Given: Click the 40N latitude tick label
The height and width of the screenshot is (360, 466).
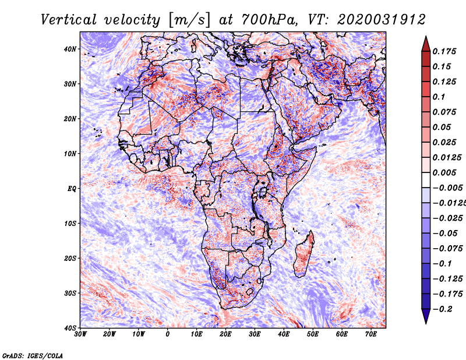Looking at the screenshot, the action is pyautogui.click(x=69, y=49).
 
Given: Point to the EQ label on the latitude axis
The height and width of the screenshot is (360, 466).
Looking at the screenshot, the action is pyautogui.click(x=71, y=189).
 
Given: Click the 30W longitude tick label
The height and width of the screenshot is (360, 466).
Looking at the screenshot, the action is pyautogui.click(x=80, y=334).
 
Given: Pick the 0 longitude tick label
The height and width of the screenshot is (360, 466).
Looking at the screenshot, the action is pyautogui.click(x=168, y=334).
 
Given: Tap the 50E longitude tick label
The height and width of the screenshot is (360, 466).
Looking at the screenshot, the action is pyautogui.click(x=313, y=334).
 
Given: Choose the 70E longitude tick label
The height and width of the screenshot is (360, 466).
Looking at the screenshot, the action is pyautogui.click(x=371, y=334).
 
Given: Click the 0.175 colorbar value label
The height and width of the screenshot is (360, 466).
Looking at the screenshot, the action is pyautogui.click(x=444, y=52).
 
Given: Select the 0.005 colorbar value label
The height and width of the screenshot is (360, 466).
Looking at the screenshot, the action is pyautogui.click(x=444, y=172).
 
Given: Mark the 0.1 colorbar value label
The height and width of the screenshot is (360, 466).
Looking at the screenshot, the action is pyautogui.click(x=439, y=97).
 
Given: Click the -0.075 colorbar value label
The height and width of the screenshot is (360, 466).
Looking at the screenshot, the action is pyautogui.click(x=447, y=249).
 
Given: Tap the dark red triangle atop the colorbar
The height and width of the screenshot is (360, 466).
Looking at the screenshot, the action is pyautogui.click(x=426, y=44).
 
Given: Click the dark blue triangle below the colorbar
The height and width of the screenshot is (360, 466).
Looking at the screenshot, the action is pyautogui.click(x=426, y=316).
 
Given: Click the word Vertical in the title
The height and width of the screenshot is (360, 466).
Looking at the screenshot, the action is pyautogui.click(x=69, y=20).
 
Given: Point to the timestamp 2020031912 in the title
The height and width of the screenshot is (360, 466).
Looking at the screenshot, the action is pyautogui.click(x=382, y=20).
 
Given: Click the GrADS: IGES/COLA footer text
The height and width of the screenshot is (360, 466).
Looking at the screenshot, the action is pyautogui.click(x=33, y=356).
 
